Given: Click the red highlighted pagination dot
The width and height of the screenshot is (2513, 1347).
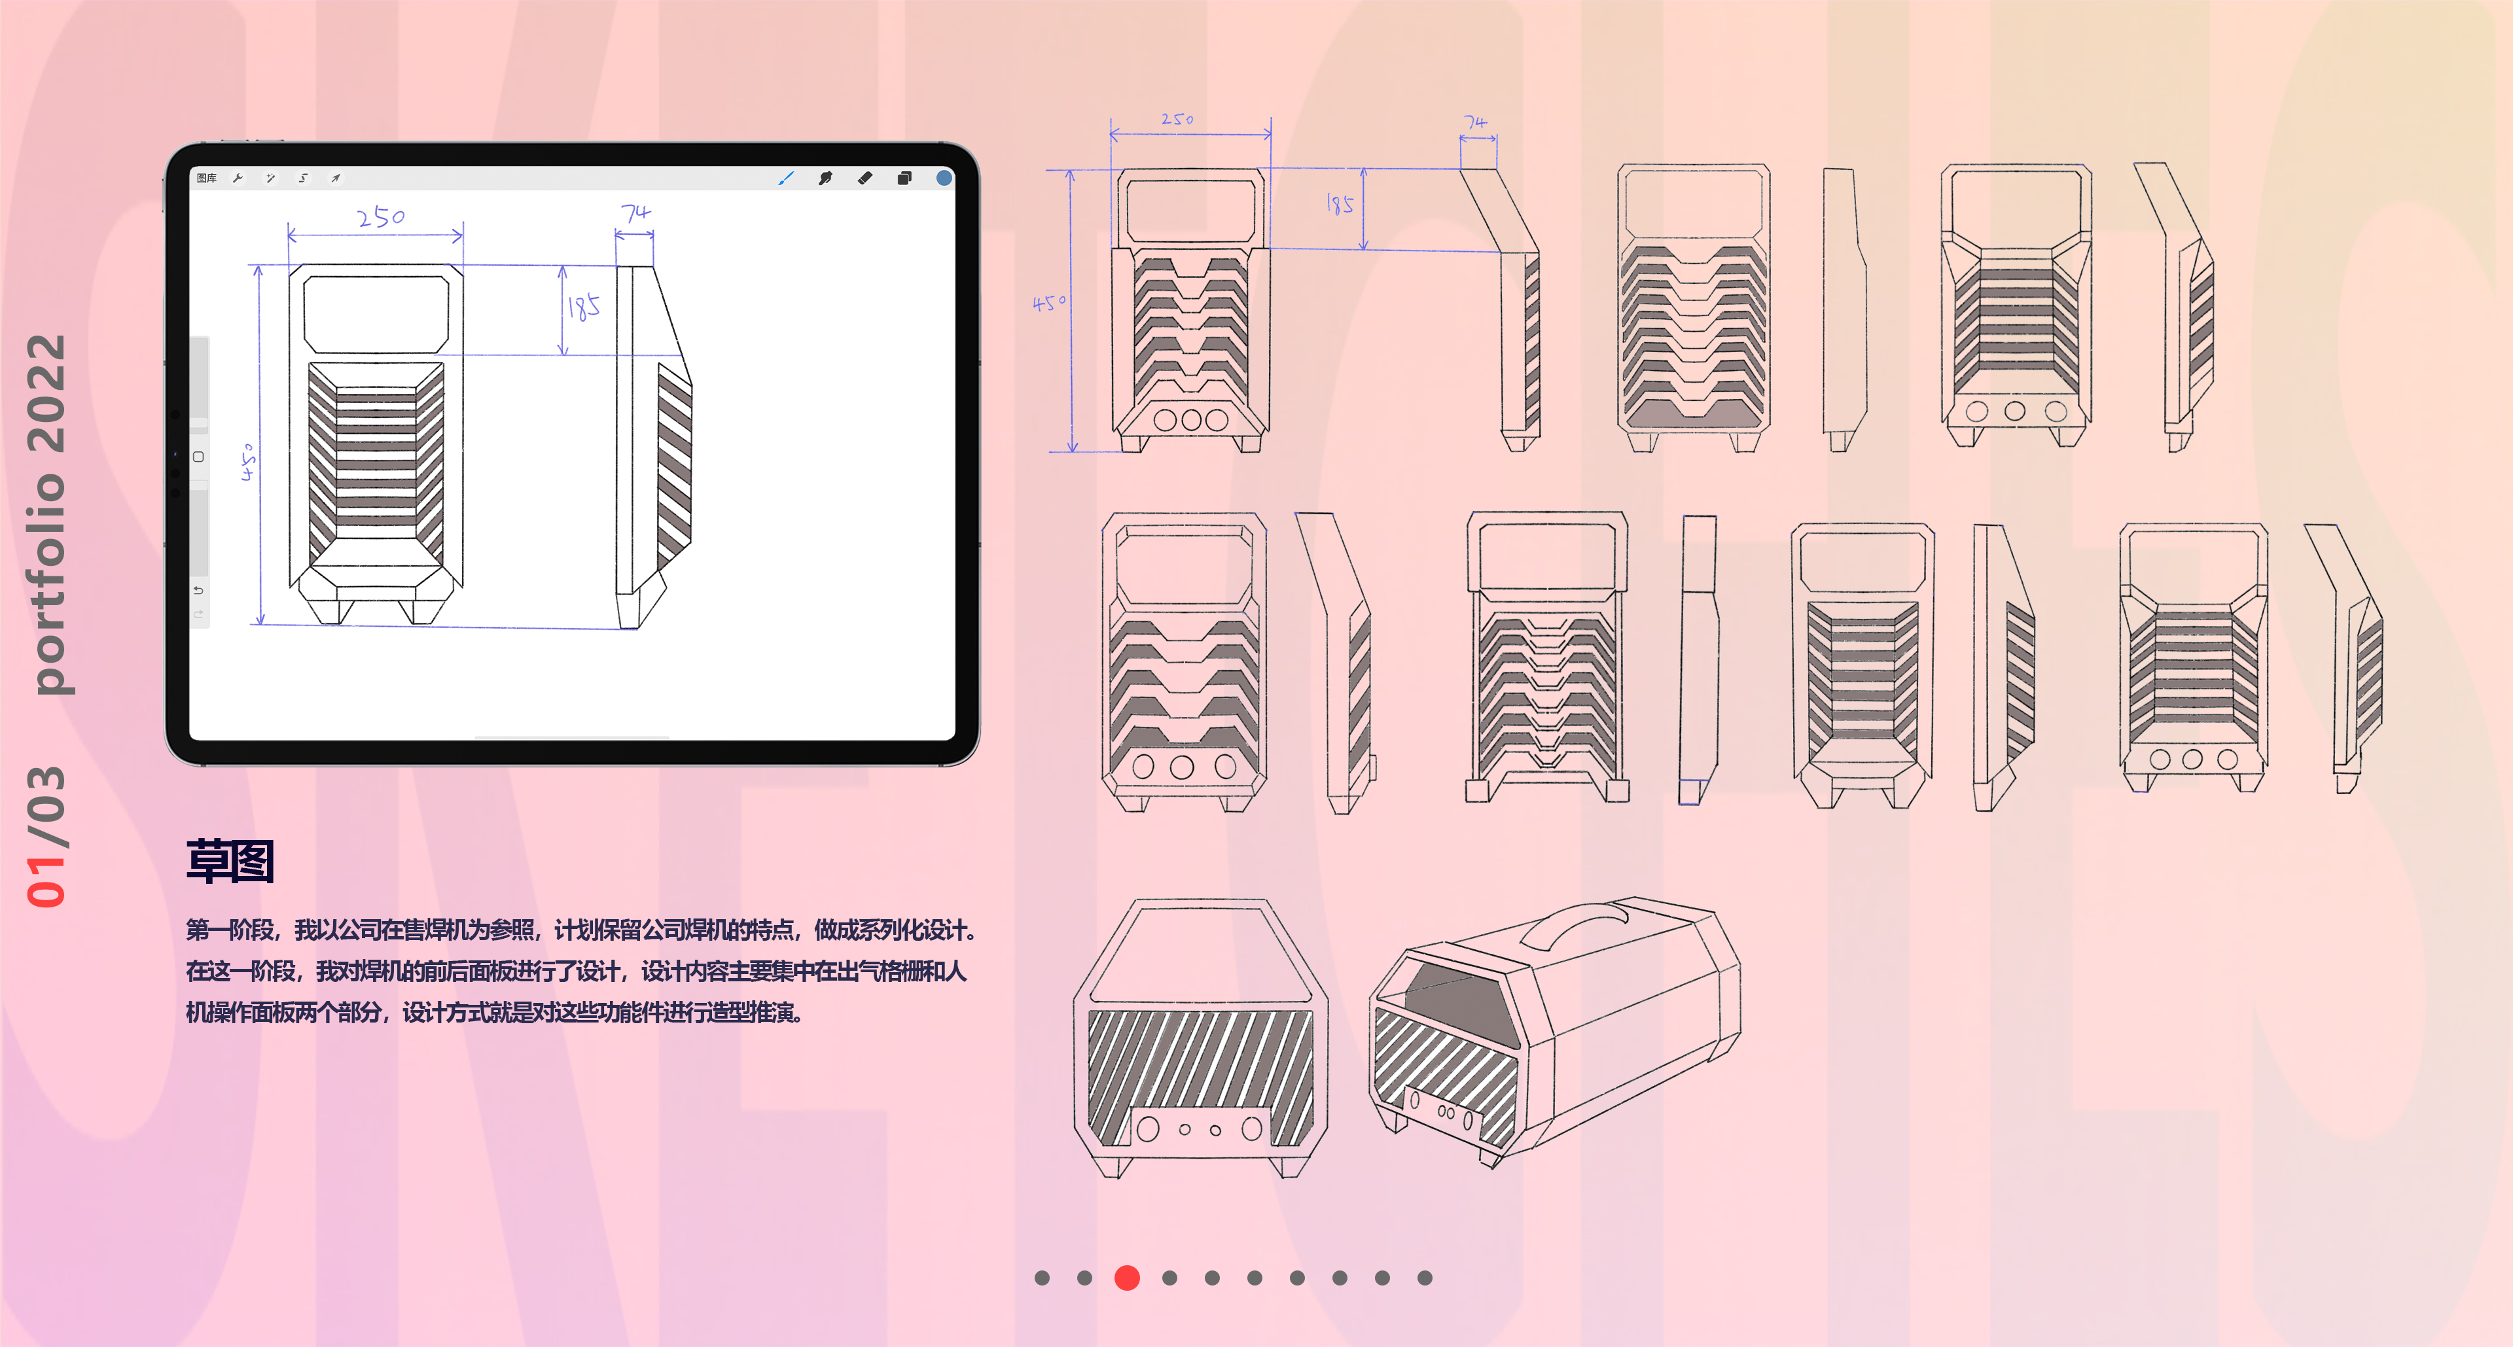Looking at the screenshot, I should coord(1127,1278).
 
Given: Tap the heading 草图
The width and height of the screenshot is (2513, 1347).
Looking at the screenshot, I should coord(230,862).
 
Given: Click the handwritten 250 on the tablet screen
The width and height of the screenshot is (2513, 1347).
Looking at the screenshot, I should coord(380,217).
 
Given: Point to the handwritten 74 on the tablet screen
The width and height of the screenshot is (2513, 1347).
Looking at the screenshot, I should coord(635,213).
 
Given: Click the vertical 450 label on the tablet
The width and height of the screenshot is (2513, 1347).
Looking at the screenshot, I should coord(249,461).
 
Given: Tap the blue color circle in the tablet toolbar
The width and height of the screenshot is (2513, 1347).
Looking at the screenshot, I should coord(943,177).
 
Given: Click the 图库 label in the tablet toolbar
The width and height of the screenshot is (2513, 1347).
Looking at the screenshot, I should coord(206,179).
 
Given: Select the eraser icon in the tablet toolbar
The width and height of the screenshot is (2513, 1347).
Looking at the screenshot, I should coord(864,177).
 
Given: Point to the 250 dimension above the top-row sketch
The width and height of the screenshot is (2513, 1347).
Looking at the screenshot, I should coord(1177,119).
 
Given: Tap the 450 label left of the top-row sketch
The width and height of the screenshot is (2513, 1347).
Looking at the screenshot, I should coord(1048,304).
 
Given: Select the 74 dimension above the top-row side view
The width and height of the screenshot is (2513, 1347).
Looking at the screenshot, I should coord(1475,122).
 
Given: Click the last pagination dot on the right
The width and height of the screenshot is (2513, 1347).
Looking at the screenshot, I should coord(1424,1278).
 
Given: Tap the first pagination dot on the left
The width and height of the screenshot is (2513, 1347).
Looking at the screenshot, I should coord(1042,1278).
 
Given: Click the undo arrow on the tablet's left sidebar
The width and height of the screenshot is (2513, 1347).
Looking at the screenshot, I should coord(198,590).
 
